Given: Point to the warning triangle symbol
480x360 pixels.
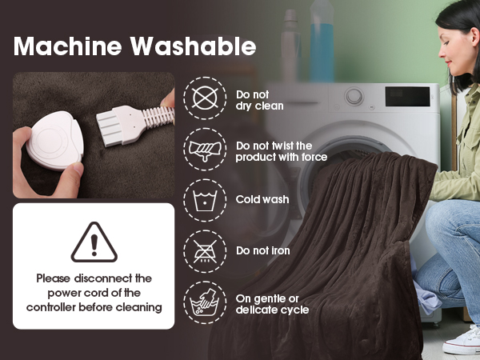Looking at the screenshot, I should point(94,242).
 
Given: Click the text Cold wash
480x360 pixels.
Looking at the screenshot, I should point(262,199).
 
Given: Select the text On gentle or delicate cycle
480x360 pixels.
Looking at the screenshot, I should point(272,304).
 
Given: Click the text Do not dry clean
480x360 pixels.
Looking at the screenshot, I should point(259,99).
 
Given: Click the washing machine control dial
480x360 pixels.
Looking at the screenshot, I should point(354,97).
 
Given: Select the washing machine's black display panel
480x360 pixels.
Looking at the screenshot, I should point(408,96).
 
